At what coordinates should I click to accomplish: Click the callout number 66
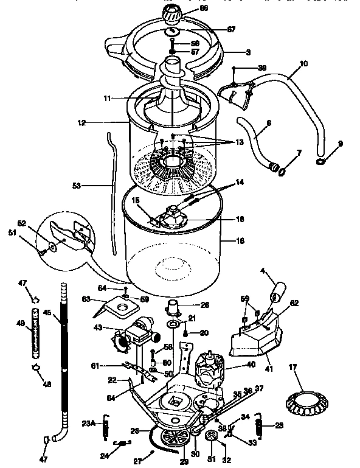click(x=204, y=8)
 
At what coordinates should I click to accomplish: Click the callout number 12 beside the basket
click(x=81, y=122)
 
